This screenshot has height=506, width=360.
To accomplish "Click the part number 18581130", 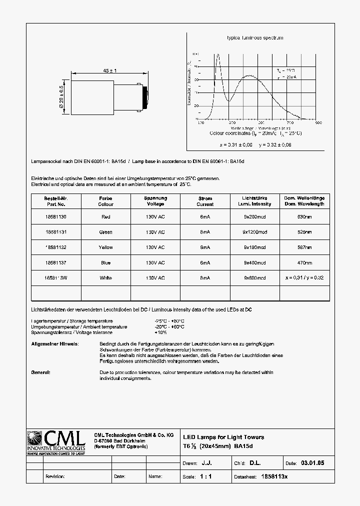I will pos(55,217).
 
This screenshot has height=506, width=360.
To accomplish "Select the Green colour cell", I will pos(106,232).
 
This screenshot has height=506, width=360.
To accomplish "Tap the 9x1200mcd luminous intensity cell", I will pos(255,232).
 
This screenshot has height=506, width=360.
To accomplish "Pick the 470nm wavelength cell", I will pos(304,262).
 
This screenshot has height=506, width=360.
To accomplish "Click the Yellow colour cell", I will pos(106,247).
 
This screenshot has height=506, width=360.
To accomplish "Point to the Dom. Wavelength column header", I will pos(304,201).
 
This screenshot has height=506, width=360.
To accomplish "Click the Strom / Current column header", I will pos(205,201).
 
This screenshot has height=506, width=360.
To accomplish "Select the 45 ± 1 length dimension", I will pos(109,71).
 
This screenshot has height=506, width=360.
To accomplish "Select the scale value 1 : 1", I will pos(205,476).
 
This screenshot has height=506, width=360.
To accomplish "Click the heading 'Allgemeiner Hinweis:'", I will pos(54,344).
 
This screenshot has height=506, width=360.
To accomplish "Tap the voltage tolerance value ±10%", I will pos(160,332).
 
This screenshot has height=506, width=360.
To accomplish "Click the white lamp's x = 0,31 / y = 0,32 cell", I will pos(304,278).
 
